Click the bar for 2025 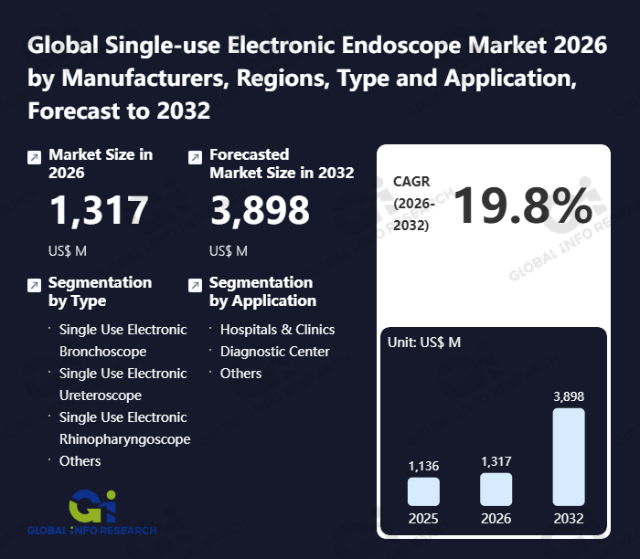click(423, 491)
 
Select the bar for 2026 click(496, 489)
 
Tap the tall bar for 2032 click(569, 456)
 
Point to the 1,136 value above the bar click(423, 466)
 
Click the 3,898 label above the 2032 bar click(569, 396)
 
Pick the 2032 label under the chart click(569, 518)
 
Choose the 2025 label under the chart click(423, 518)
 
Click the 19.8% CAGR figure click(522, 206)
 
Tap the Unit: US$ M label click(424, 343)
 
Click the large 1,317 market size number click(99, 211)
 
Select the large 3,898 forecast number click(260, 211)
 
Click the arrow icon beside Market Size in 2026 click(34, 158)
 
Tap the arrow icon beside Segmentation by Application click(195, 286)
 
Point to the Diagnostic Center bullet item click(274, 352)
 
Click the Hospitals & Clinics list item click(277, 330)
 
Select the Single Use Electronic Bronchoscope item click(122, 340)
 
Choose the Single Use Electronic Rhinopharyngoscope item click(123, 427)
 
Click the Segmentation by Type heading click(100, 291)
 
